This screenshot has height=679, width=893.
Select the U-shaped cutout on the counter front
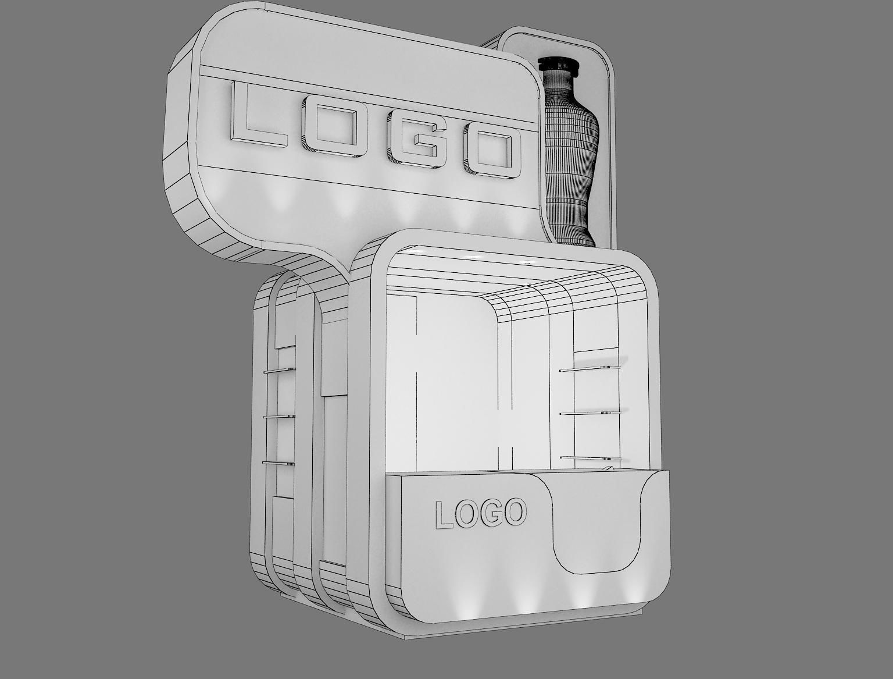[x=596, y=524]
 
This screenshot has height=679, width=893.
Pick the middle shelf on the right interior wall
[x=590, y=413]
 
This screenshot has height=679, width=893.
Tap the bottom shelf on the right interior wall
[x=590, y=458]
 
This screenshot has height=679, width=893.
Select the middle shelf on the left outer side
[x=278, y=416]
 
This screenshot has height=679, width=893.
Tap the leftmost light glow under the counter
[x=468, y=605]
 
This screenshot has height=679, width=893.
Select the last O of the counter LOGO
[x=513, y=512]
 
